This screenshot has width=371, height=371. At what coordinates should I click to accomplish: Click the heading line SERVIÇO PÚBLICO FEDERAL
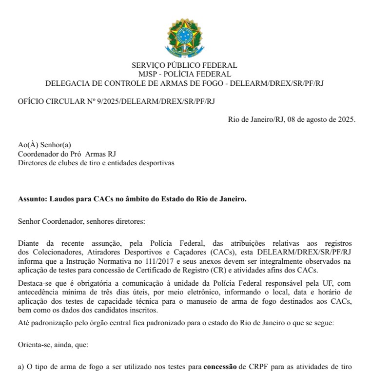(184, 65)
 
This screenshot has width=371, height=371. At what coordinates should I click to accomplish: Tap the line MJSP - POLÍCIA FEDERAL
(184, 74)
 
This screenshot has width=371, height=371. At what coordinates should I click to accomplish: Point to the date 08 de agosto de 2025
(322, 119)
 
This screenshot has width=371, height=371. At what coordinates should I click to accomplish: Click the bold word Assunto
(32, 199)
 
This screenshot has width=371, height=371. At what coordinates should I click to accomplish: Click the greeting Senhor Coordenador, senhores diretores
(81, 222)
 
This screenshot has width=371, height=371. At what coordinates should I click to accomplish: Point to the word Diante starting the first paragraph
(29, 242)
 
